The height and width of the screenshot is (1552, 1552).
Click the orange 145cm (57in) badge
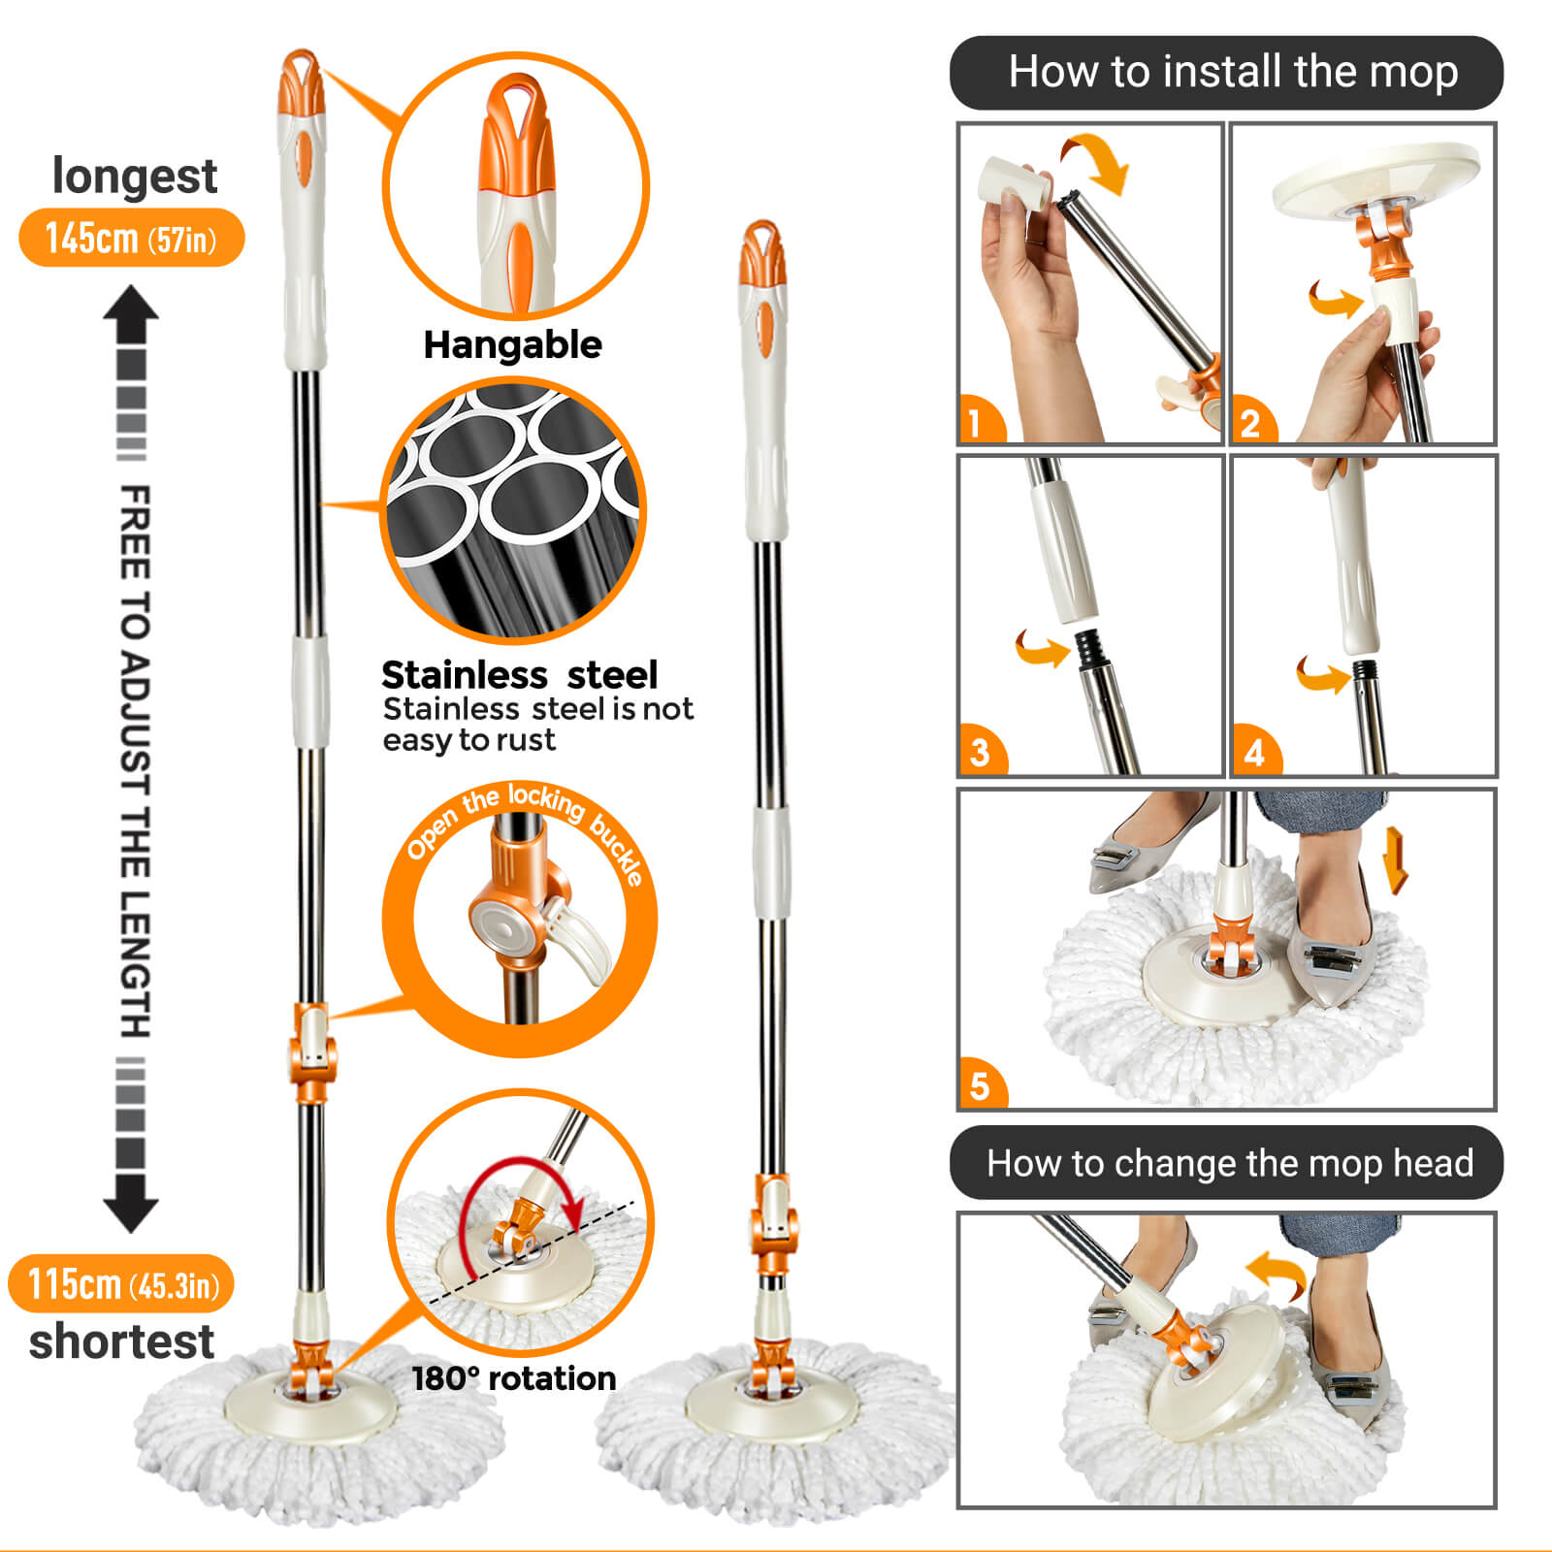point(131,238)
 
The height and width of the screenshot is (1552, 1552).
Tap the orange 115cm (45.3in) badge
point(121,1283)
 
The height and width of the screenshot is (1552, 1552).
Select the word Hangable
point(512,345)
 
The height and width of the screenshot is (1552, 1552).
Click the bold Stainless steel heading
point(519,674)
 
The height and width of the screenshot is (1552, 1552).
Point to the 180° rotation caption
point(514,1378)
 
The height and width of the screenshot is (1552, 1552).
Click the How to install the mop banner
point(1226,73)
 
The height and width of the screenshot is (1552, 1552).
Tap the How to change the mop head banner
point(1226,1162)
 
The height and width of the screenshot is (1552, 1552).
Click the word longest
point(135,176)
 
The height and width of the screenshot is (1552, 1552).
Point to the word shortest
point(121,1342)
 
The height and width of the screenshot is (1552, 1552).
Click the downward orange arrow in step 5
point(1396,859)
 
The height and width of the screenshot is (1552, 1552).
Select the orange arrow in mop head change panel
point(1277,1274)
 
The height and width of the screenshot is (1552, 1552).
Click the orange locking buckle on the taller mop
point(311,1052)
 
